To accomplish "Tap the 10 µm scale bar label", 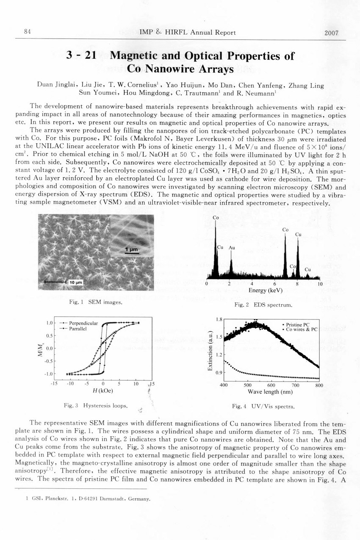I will pos(76,282).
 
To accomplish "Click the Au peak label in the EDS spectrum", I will pos(232,247).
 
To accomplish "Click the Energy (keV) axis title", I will pos(263,291).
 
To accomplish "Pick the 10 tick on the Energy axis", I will pos(320,285).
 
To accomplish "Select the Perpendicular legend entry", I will pos(82,324).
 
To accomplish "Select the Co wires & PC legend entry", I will pos(301,329).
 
